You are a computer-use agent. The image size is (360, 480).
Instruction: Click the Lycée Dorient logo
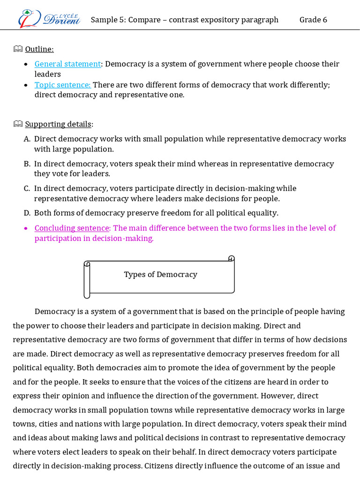pos(49,18)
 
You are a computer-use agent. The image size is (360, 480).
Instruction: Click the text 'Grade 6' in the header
pos(313,20)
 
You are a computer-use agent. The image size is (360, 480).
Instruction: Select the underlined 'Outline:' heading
pos(39,49)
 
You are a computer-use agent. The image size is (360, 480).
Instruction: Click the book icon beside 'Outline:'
pos(18,49)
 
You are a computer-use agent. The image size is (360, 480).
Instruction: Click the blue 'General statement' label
pos(68,64)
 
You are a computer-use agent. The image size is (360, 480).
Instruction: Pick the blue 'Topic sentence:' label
pos(63,85)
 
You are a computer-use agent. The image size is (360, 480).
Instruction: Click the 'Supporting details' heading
pos(58,124)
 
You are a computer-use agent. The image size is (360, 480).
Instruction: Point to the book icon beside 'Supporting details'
pos(18,124)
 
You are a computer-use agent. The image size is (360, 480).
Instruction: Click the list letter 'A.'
pos(27,139)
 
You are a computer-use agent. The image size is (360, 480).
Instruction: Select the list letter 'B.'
pos(27,164)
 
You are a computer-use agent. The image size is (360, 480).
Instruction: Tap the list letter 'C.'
pos(27,188)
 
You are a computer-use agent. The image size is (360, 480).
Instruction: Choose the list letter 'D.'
pos(27,213)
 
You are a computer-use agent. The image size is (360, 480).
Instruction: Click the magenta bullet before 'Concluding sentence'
pos(25,228)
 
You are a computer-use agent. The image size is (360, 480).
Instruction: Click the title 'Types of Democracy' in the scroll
pos(160,275)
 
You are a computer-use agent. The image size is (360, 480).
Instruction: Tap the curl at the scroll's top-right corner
pos(231,258)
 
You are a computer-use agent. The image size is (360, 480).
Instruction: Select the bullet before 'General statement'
pos(25,64)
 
